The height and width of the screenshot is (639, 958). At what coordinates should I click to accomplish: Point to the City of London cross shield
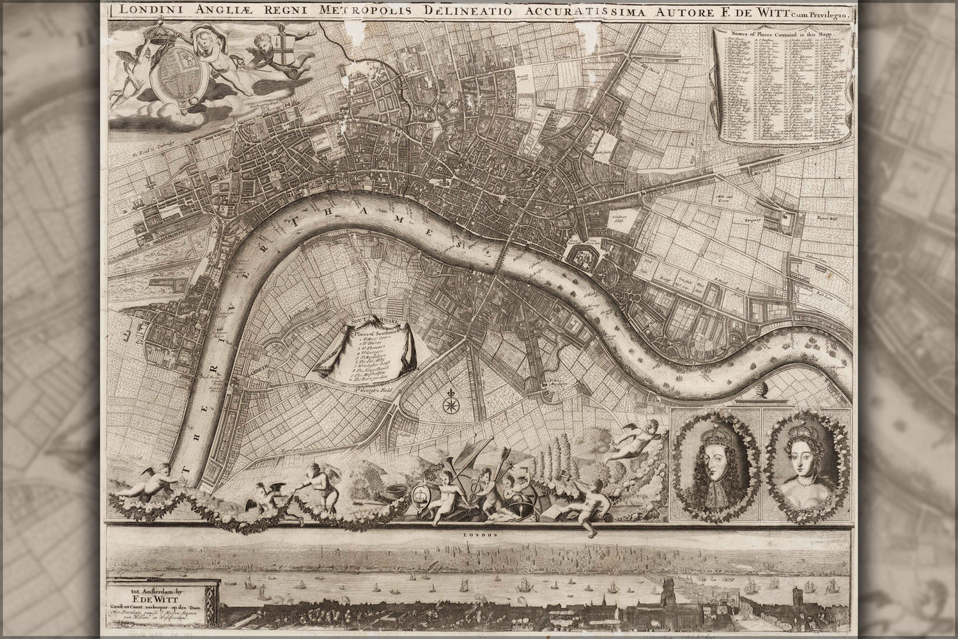pos(278,48)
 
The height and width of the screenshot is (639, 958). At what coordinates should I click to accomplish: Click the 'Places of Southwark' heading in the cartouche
pos(375,332)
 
